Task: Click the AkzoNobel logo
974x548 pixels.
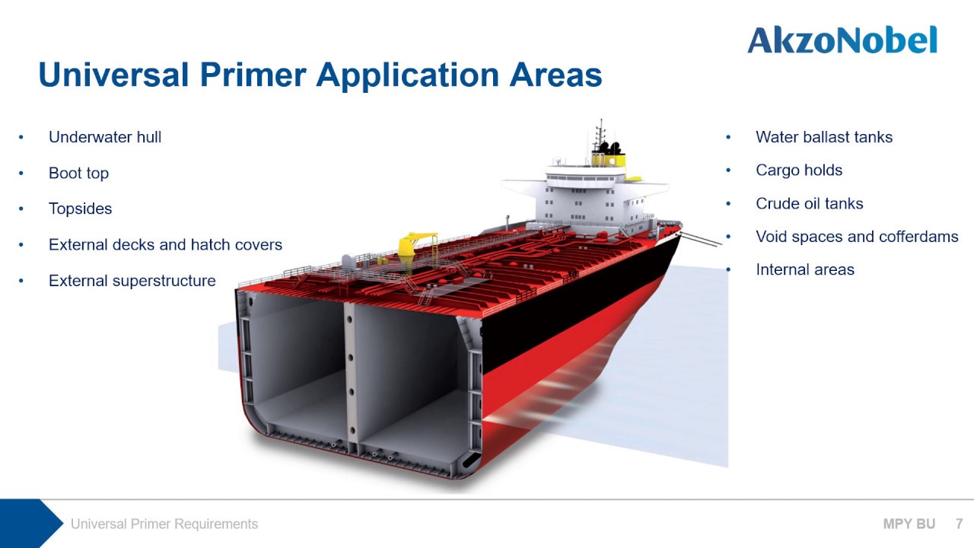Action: point(842,40)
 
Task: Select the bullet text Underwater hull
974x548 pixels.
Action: point(105,137)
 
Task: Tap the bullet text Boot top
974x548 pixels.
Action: point(78,173)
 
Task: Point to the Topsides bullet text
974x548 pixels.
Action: point(80,209)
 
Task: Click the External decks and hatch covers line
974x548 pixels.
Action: point(165,244)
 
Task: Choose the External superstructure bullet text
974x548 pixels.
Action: point(132,281)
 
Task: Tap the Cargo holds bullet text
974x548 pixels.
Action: point(798,170)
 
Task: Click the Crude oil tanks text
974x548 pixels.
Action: point(809,203)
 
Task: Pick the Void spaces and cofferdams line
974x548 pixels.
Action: point(856,237)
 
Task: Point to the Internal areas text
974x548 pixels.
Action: point(804,269)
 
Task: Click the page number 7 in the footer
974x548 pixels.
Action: point(960,524)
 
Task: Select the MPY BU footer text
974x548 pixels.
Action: point(909,524)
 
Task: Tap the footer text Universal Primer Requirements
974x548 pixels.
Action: point(164,524)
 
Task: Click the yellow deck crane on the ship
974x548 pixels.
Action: point(417,243)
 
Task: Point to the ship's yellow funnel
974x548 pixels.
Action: point(609,158)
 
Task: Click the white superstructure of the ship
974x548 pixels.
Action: point(578,198)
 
